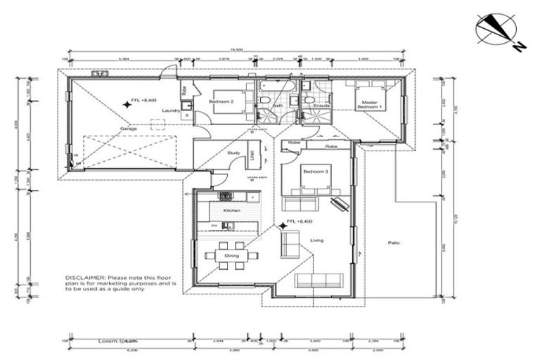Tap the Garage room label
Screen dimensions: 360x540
[128, 129]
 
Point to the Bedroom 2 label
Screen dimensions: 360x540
[221, 102]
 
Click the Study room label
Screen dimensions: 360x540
[234, 153]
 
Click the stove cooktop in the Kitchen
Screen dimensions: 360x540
[226, 198]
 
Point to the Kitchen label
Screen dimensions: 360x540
[232, 210]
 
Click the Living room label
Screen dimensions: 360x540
[317, 240]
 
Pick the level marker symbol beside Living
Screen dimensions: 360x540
[283, 225]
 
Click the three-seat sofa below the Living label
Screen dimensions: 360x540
[319, 281]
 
